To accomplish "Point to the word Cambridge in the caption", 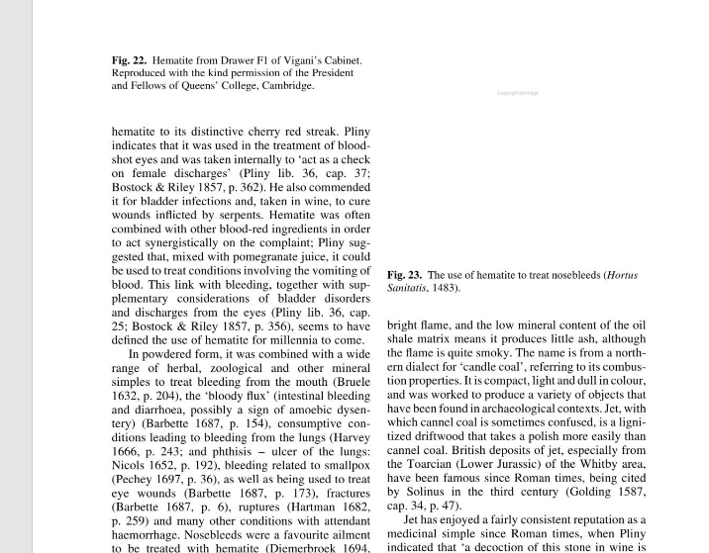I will click(x=288, y=86).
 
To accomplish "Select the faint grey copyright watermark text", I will click(x=517, y=93).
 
